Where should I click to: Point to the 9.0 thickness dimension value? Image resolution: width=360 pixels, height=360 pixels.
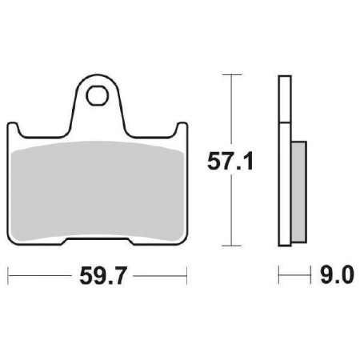coord(334,276)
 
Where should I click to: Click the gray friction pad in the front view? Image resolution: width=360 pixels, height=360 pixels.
coord(99,188)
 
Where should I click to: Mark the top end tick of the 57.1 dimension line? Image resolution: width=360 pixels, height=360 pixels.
coord(231,74)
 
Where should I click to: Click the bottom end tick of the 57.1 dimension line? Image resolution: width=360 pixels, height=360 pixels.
coord(231,246)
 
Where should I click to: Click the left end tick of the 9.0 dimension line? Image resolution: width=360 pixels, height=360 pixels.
coord(279,276)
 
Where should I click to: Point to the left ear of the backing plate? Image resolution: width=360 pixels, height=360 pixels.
coord(16,130)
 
